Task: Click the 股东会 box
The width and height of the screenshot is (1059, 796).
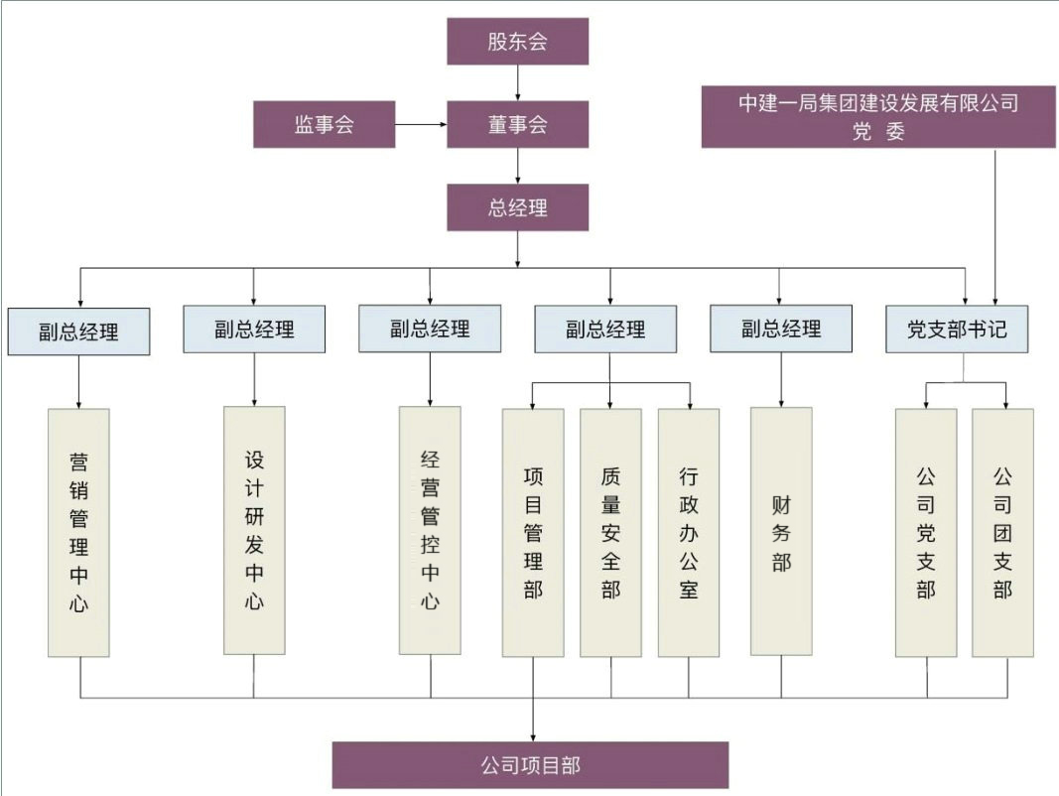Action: (x=517, y=42)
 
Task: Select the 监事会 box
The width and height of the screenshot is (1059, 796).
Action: (x=325, y=125)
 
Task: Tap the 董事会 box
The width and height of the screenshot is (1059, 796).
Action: (x=517, y=125)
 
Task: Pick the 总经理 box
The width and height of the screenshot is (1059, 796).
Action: (x=517, y=207)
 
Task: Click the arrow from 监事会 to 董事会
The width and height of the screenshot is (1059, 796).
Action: (x=421, y=125)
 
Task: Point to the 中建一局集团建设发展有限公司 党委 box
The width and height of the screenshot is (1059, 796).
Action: (x=878, y=117)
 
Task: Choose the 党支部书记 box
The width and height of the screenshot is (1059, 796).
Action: (x=957, y=330)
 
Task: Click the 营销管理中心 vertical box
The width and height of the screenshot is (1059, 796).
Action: (x=78, y=532)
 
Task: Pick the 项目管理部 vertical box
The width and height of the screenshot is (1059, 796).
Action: (x=533, y=533)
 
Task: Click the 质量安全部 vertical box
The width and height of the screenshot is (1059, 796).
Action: (x=610, y=533)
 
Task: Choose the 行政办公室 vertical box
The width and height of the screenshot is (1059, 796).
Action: (x=689, y=533)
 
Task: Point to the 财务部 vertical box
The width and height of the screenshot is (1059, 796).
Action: (x=781, y=532)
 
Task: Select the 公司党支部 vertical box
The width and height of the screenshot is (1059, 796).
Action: (x=926, y=533)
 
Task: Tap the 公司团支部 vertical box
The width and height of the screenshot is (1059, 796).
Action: (x=1002, y=533)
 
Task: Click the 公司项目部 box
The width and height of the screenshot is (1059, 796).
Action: (x=530, y=765)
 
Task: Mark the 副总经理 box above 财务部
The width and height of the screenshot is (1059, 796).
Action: (x=781, y=329)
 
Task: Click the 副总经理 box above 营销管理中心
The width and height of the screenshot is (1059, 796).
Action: (x=78, y=331)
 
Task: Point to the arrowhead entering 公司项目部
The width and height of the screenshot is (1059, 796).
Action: (x=533, y=736)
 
